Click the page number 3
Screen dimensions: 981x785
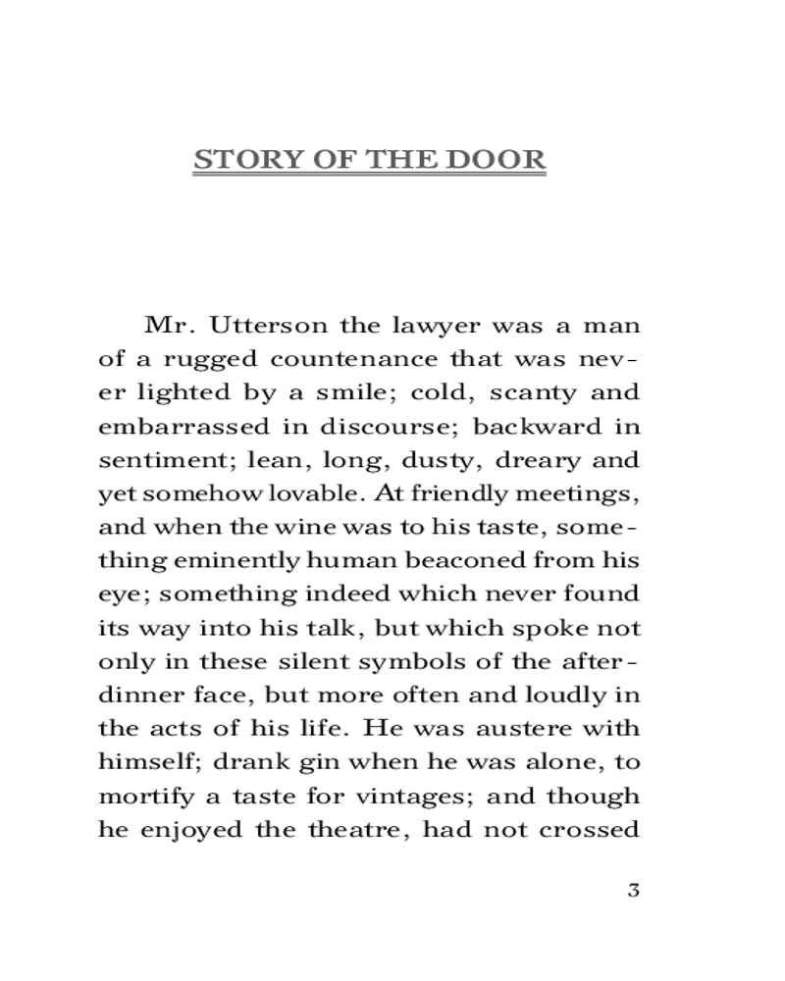(x=633, y=891)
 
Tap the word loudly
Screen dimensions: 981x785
(x=566, y=695)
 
